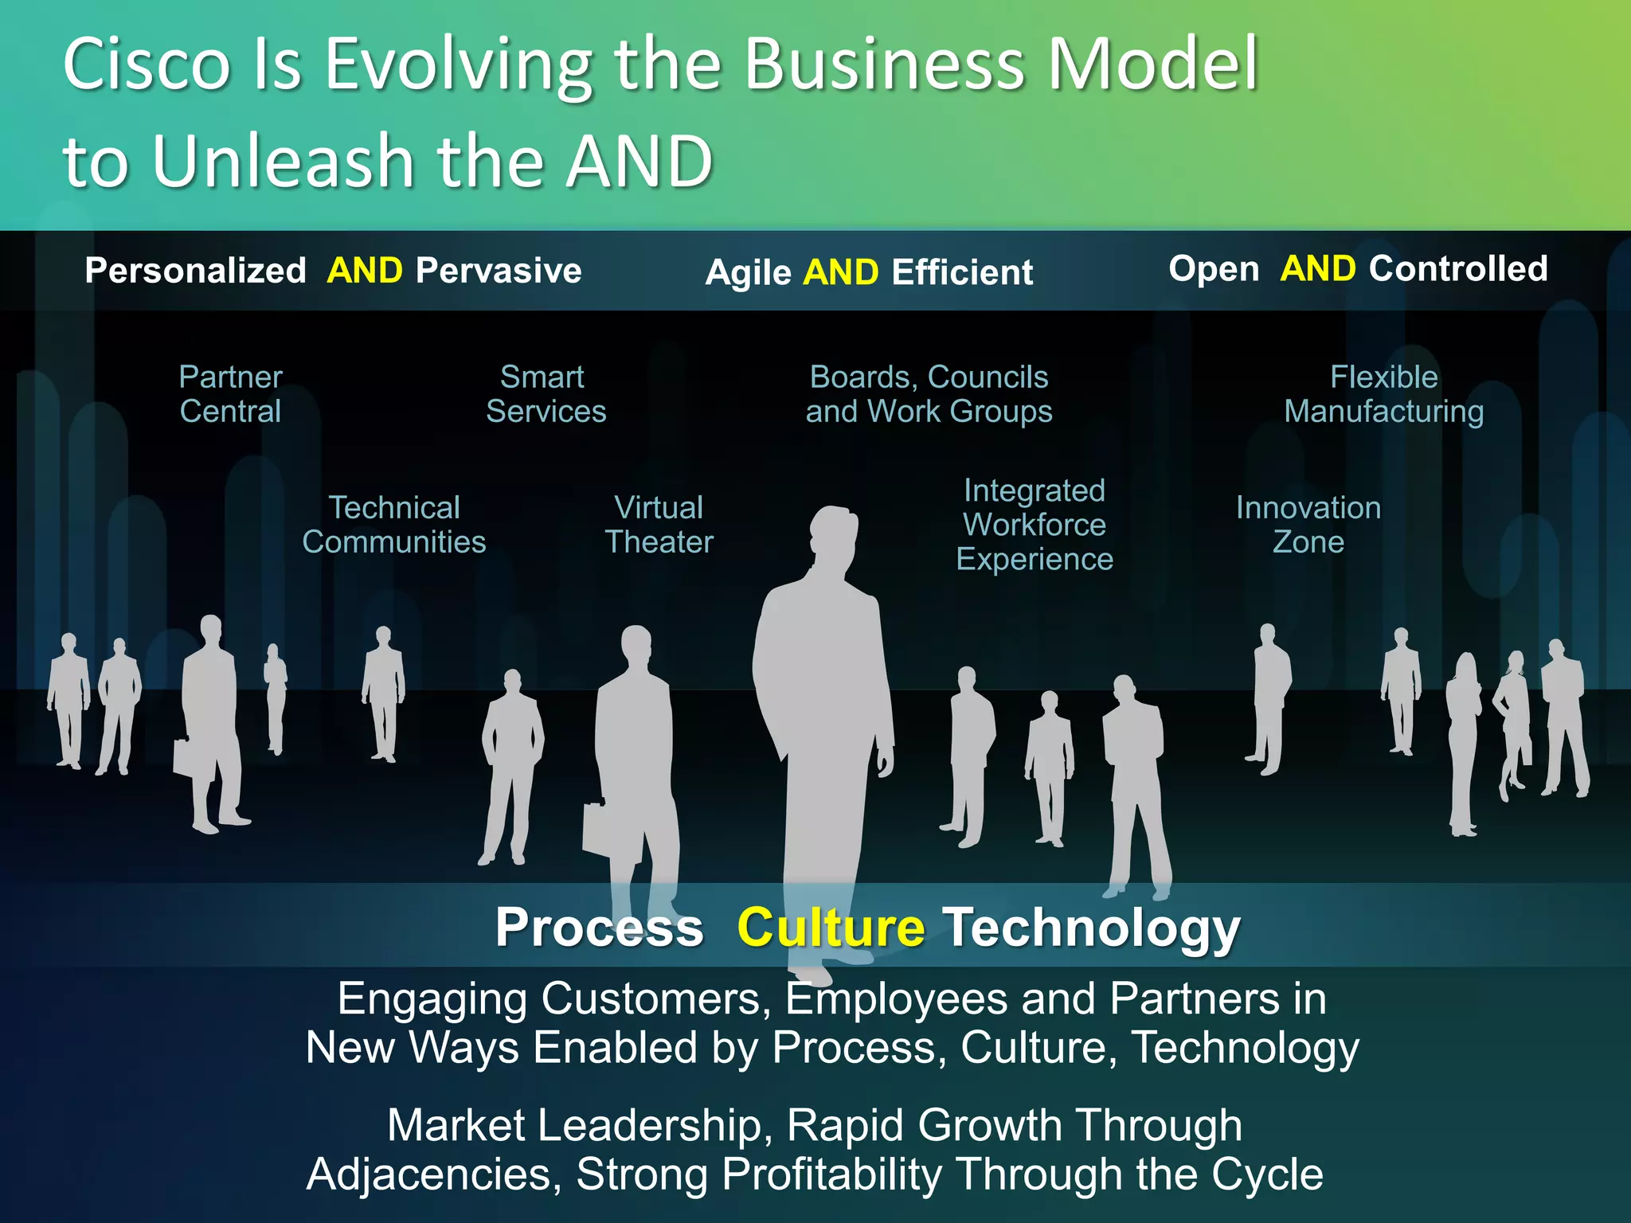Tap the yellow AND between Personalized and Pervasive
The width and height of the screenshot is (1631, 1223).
pyautogui.click(x=365, y=271)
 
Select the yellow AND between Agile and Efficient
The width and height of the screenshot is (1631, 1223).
pyautogui.click(x=840, y=272)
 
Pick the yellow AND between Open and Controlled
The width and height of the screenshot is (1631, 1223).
pyautogui.click(x=1317, y=269)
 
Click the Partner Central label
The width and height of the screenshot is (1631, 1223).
pyautogui.click(x=230, y=394)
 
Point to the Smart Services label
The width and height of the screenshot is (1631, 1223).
pyautogui.click(x=546, y=394)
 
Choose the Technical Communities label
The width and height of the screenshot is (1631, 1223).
pyautogui.click(x=394, y=525)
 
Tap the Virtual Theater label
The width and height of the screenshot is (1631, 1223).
pyautogui.click(x=659, y=525)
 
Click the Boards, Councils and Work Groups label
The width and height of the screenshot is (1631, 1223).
pyautogui.click(x=929, y=394)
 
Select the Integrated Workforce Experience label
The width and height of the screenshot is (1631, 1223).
pyautogui.click(x=1035, y=525)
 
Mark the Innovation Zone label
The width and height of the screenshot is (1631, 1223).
pyautogui.click(x=1308, y=525)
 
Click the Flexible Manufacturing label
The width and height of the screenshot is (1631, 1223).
pyautogui.click(x=1384, y=394)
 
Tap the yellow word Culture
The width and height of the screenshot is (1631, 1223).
pyautogui.click(x=831, y=928)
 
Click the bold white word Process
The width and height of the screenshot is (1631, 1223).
pyautogui.click(x=599, y=928)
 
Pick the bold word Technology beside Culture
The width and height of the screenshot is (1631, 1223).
pyautogui.click(x=1092, y=929)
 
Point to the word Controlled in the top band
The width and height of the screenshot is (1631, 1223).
pyautogui.click(x=1458, y=269)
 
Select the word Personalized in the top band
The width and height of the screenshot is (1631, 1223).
pyautogui.click(x=195, y=271)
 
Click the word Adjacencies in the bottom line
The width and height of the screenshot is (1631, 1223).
pyautogui.click(x=435, y=1174)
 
